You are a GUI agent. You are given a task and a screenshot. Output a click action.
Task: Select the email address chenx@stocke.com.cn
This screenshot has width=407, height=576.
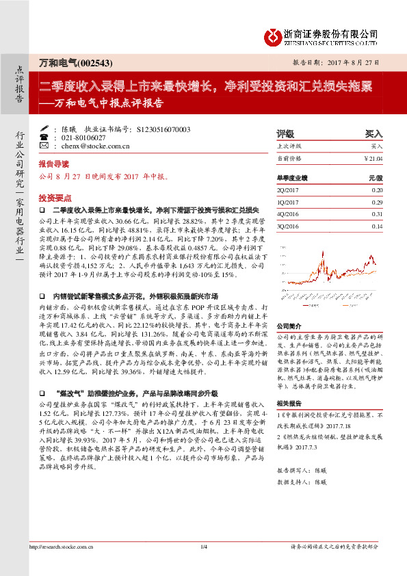click(96, 146)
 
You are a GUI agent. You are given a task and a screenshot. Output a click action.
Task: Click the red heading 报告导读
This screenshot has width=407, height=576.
click(54, 165)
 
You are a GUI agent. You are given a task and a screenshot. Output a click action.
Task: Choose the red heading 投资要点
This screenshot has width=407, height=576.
click(53, 196)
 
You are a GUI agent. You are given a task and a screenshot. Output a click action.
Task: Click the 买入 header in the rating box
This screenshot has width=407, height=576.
click(373, 133)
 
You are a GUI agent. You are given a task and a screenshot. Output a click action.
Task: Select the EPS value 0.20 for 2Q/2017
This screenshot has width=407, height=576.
click(377, 189)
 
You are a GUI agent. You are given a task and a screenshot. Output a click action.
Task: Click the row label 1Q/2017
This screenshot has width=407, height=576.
click(289, 202)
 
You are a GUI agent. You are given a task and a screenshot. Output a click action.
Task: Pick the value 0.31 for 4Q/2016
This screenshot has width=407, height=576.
click(377, 213)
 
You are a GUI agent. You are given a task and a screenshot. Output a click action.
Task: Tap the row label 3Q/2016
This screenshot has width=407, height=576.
click(289, 226)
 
